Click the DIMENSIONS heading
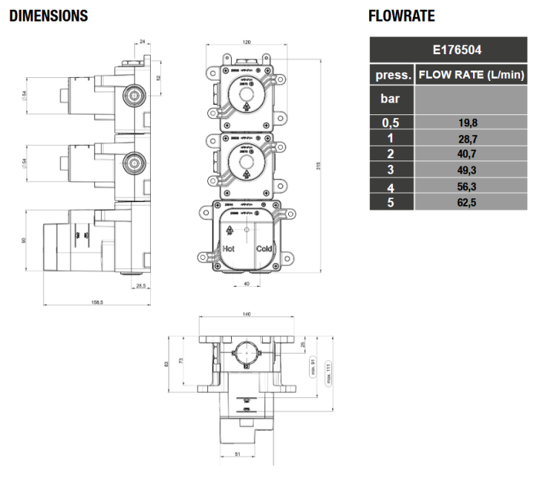pyautogui.click(x=48, y=16)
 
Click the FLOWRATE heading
pyautogui.click(x=401, y=16)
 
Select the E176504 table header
pyautogui.click(x=448, y=51)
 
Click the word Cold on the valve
pyautogui.click(x=265, y=250)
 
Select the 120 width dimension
pyautogui.click(x=245, y=44)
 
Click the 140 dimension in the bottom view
pyautogui.click(x=246, y=315)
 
